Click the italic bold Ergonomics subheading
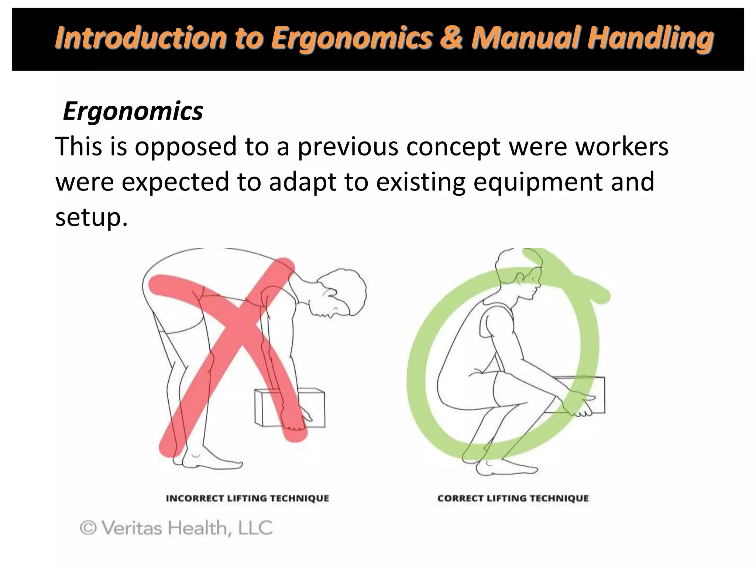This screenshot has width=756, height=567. click(x=133, y=111)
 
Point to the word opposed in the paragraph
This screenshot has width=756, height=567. click(x=185, y=147)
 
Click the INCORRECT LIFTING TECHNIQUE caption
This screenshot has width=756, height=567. click(x=247, y=498)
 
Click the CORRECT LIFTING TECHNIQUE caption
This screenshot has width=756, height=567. click(x=513, y=498)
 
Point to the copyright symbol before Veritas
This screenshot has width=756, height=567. click(x=88, y=528)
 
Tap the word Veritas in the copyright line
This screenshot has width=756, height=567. click(x=132, y=528)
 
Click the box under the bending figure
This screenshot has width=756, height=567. click(x=290, y=408)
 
